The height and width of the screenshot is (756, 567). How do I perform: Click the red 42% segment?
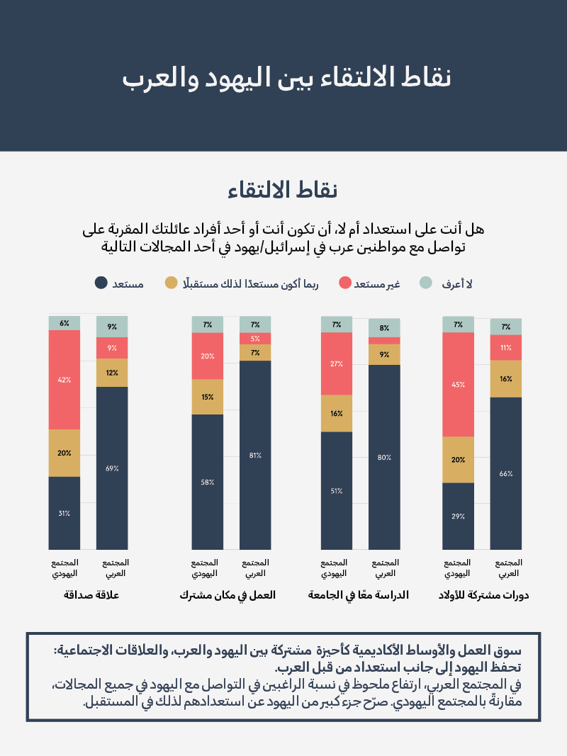pyautogui.click(x=64, y=379)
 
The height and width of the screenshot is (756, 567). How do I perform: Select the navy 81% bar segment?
pyautogui.click(x=255, y=455)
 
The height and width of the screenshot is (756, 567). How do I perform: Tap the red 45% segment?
pyautogui.click(x=458, y=384)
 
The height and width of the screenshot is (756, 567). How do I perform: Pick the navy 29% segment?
pyautogui.click(x=458, y=516)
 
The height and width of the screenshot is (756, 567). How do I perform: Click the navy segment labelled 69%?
pyautogui.click(x=112, y=468)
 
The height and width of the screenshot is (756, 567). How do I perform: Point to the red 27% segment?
pyautogui.click(x=337, y=363)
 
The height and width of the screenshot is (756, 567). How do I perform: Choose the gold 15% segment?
pyautogui.click(x=208, y=397)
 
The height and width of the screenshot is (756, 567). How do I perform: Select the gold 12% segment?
pyautogui.click(x=112, y=373)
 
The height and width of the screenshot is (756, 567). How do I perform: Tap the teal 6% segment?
pyautogui.click(x=64, y=323)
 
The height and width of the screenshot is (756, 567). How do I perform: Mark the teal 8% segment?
pyautogui.click(x=384, y=328)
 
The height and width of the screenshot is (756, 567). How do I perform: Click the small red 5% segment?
pyautogui.click(x=255, y=339)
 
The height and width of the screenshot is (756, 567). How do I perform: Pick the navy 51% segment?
pyautogui.click(x=337, y=490)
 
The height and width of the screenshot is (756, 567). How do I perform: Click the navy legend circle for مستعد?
pyautogui.click(x=101, y=283)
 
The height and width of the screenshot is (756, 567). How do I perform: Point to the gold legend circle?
pyautogui.click(x=171, y=283)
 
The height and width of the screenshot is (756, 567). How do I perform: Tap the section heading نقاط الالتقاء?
pyautogui.click(x=283, y=190)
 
